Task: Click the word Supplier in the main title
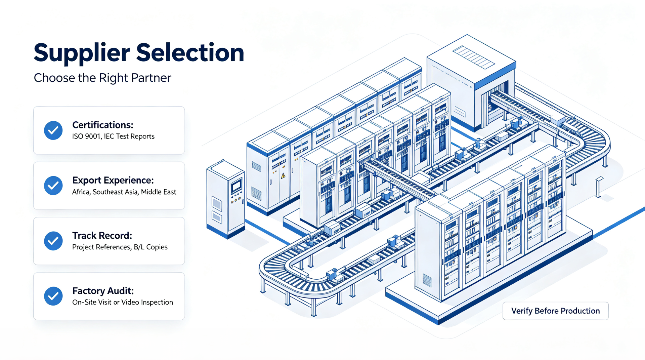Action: click(x=82, y=53)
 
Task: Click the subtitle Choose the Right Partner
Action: click(x=102, y=78)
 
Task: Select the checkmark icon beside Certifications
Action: click(x=53, y=130)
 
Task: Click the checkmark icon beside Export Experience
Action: click(x=53, y=186)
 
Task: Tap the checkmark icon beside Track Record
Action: click(x=53, y=241)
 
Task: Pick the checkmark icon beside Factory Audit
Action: click(x=53, y=296)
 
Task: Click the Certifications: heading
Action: click(x=103, y=125)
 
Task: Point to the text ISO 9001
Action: click(x=86, y=136)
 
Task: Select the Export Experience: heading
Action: click(x=113, y=181)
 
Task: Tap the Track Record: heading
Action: click(x=102, y=236)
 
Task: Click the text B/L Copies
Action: click(x=150, y=247)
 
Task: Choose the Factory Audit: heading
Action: click(x=103, y=291)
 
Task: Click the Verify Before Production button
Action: click(x=555, y=311)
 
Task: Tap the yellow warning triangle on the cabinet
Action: click(x=283, y=175)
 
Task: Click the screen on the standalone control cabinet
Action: click(x=236, y=186)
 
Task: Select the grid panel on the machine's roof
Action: click(x=473, y=57)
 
